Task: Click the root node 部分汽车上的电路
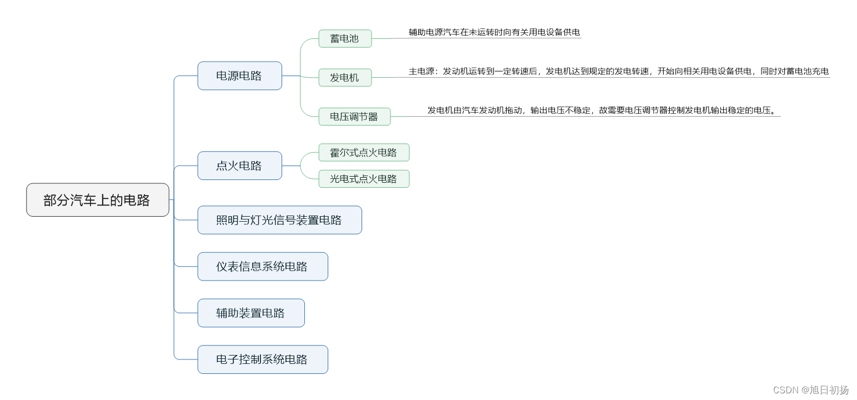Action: pyautogui.click(x=97, y=200)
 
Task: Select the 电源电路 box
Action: pyautogui.click(x=239, y=76)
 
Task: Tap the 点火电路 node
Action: pyautogui.click(x=239, y=166)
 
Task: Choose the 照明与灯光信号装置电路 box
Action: pyautogui.click(x=279, y=220)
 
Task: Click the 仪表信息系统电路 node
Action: pyautogui.click(x=262, y=267)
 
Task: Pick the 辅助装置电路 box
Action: pyautogui.click(x=250, y=313)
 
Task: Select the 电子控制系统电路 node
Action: pyautogui.click(x=262, y=359)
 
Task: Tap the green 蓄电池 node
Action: pyautogui.click(x=344, y=39)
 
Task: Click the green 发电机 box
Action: pyautogui.click(x=344, y=78)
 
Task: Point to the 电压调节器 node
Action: pyautogui.click(x=354, y=117)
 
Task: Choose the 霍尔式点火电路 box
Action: pyautogui.click(x=364, y=152)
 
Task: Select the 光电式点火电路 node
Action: pyautogui.click(x=364, y=179)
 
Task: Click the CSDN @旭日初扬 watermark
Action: pyautogui.click(x=810, y=390)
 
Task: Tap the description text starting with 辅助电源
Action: pyautogui.click(x=494, y=32)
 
